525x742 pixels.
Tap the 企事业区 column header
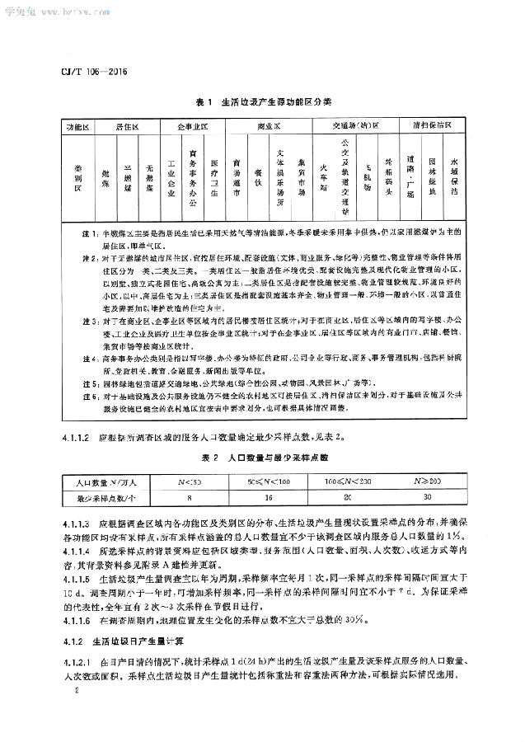(x=192, y=128)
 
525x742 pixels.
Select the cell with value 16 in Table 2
(x=269, y=498)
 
